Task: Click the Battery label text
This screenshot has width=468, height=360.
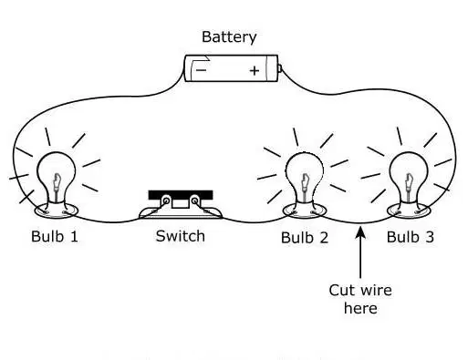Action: tap(229, 37)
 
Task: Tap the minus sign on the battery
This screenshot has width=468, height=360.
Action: tap(201, 70)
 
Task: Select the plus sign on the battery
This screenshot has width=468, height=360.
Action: tap(255, 71)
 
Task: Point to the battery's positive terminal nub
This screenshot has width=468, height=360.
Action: tap(280, 68)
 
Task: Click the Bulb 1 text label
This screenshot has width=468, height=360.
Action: tap(55, 236)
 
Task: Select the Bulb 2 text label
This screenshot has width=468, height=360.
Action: tap(305, 237)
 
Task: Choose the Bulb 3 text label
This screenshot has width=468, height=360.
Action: tap(411, 237)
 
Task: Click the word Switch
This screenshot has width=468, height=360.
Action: tap(181, 236)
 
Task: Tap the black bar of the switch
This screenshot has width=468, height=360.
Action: tap(181, 195)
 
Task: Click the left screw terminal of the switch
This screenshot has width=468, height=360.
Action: tap(166, 201)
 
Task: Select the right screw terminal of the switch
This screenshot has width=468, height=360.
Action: tap(194, 201)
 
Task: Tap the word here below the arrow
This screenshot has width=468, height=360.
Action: tap(360, 308)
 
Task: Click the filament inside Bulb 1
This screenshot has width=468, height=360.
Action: tap(57, 182)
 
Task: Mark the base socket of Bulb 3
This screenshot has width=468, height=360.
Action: tap(409, 211)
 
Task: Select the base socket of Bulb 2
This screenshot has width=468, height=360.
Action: tap(305, 211)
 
